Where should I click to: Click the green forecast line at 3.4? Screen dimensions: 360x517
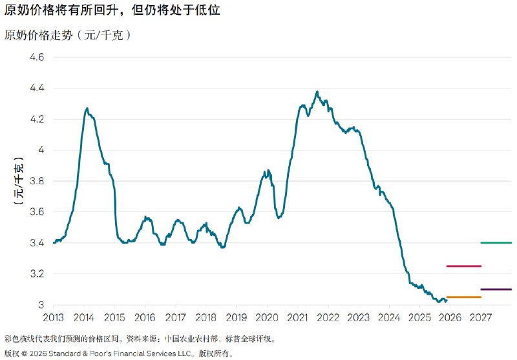pyautogui.click(x=496, y=243)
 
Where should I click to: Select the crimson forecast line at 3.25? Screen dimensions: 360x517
pyautogui.click(x=463, y=266)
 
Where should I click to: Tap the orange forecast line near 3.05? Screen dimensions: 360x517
pyautogui.click(x=463, y=297)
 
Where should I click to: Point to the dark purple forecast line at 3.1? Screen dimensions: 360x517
pyautogui.click(x=496, y=290)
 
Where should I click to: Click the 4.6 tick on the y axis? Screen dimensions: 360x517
pyautogui.click(x=36, y=58)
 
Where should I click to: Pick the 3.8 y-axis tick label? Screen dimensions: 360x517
pyautogui.click(x=36, y=181)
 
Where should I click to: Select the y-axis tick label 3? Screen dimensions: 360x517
pyautogui.click(x=41, y=305)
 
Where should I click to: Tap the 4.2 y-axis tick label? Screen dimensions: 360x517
pyautogui.click(x=36, y=120)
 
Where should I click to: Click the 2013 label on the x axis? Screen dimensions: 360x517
pyautogui.click(x=54, y=318)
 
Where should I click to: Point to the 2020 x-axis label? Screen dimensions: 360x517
pyautogui.click(x=267, y=318)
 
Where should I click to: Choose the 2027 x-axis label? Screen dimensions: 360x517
pyautogui.click(x=480, y=318)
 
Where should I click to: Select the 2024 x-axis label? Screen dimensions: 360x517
pyautogui.click(x=389, y=318)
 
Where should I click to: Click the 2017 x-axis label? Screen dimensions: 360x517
pyautogui.click(x=175, y=318)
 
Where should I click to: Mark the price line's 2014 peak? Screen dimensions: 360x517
pyautogui.click(x=87, y=109)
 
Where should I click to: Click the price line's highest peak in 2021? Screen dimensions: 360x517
pyautogui.click(x=317, y=92)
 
